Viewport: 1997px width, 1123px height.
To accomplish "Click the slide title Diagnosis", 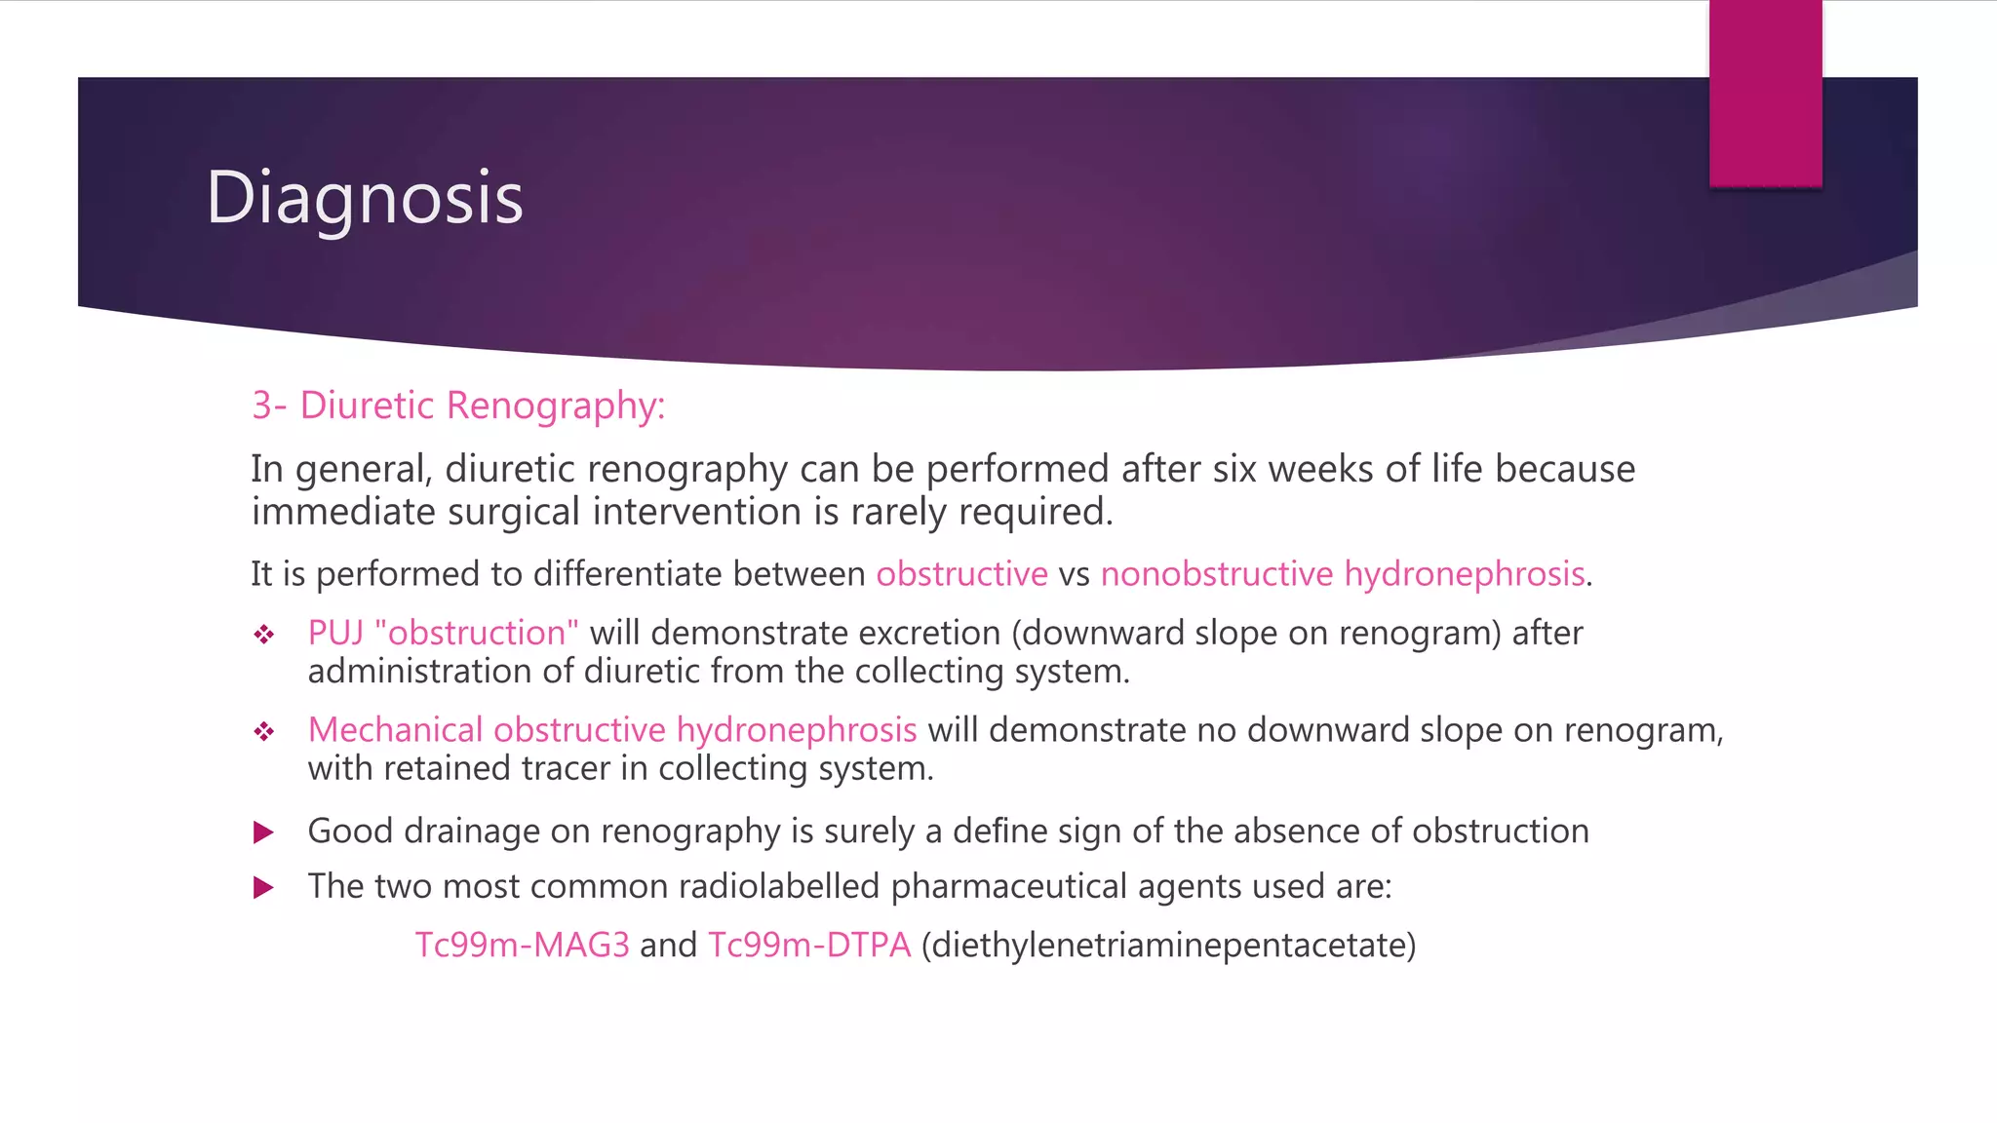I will point(365,198).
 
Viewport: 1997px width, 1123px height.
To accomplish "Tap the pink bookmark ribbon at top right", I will point(1765,94).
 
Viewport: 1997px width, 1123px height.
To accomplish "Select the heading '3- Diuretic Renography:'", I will point(458,406).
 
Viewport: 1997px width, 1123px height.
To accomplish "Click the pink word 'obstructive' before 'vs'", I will point(961,574).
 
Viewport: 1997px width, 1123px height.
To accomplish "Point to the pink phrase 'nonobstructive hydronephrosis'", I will point(1342,574).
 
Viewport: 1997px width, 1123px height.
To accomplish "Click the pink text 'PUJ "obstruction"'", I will point(443,634).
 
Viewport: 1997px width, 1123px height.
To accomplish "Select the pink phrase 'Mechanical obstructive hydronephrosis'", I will point(612,730).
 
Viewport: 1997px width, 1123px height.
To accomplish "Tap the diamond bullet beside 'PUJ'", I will point(264,636).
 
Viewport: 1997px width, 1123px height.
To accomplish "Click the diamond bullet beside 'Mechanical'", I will point(264,732).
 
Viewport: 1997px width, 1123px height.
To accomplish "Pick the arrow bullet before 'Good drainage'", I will point(263,833).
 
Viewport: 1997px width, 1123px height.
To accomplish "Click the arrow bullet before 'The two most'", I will point(263,888).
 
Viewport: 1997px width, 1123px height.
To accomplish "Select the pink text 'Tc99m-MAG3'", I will point(522,946).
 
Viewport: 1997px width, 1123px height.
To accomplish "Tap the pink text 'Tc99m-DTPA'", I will point(809,946).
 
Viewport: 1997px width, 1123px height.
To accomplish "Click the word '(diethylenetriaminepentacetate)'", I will point(1168,946).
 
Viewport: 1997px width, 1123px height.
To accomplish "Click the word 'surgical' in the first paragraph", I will point(515,513).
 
